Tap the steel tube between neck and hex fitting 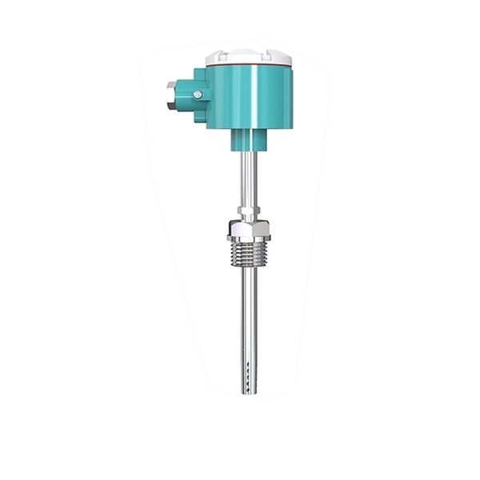point(247,180)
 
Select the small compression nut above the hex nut point(247,214)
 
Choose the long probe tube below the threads point(248,320)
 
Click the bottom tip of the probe point(248,393)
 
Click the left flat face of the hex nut point(234,232)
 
